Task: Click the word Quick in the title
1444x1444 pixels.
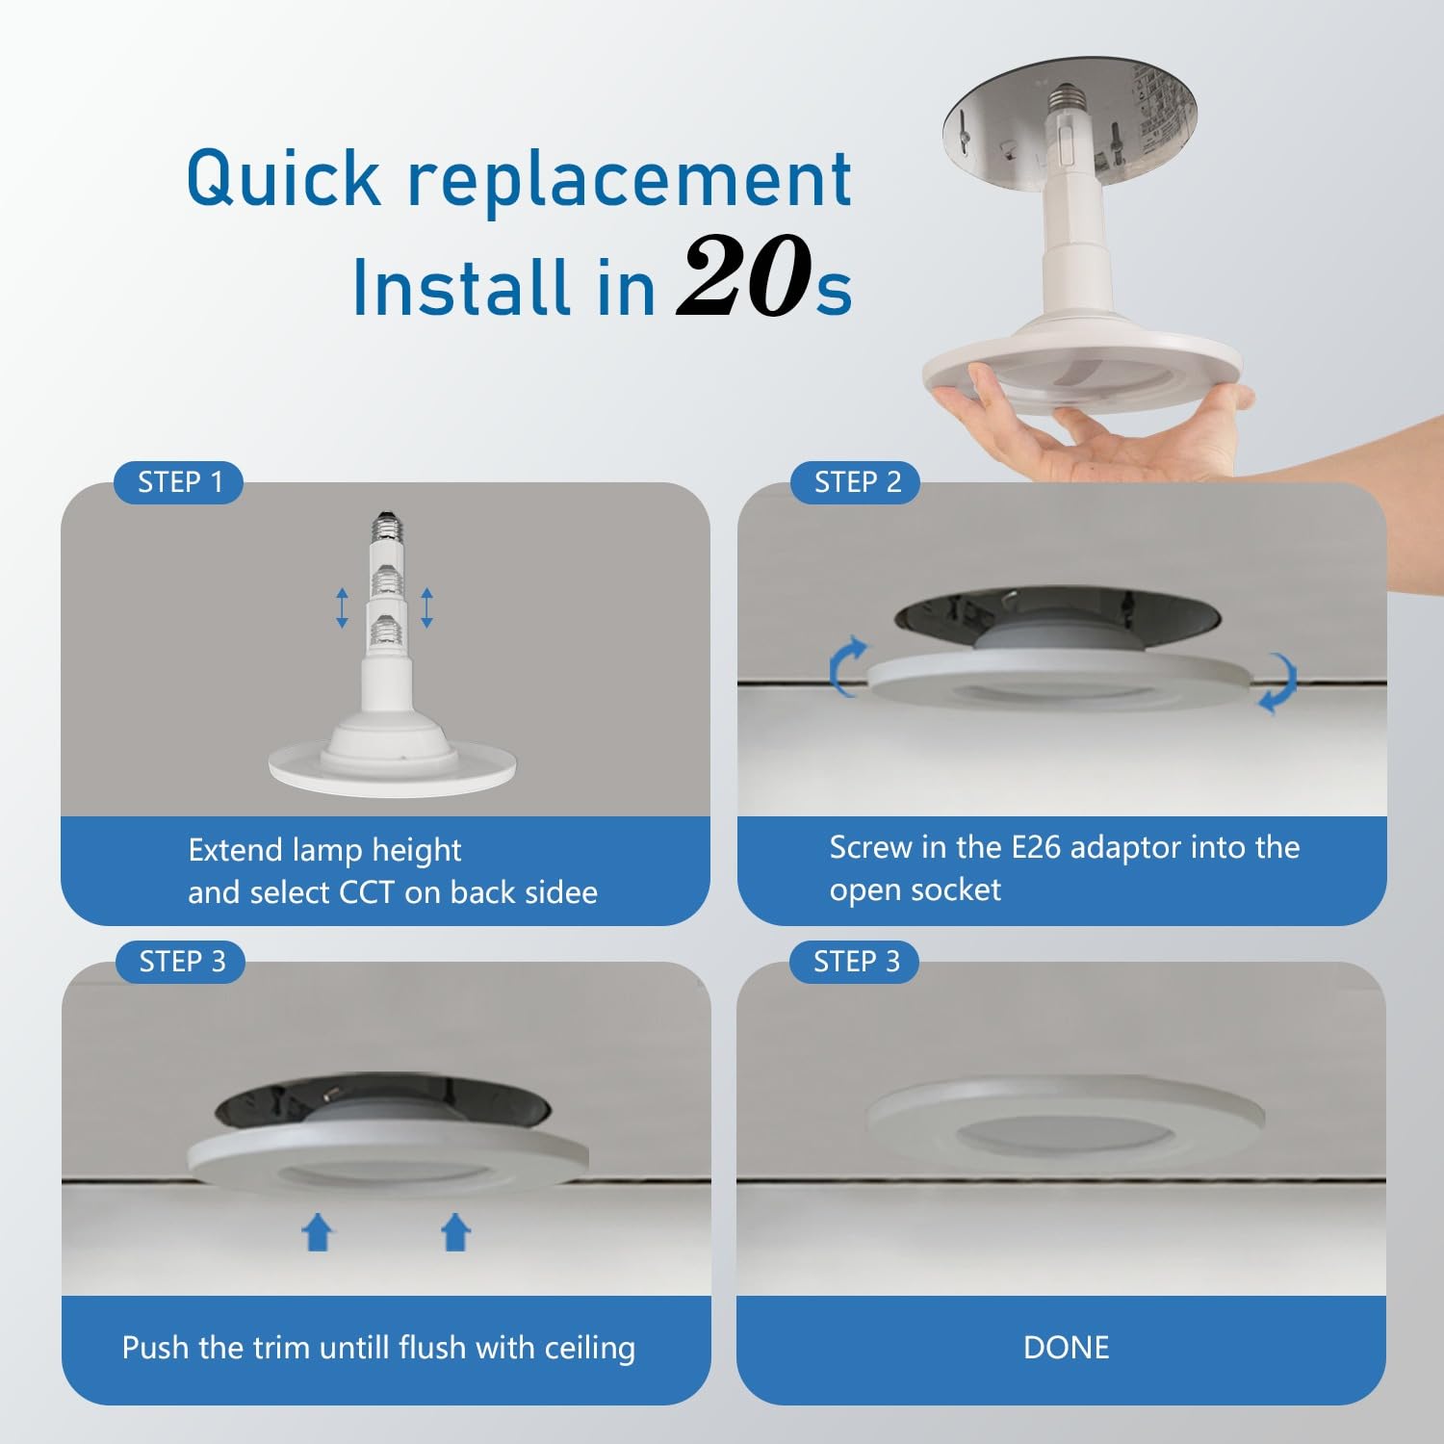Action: pos(284,178)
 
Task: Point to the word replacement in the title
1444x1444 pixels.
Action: pos(631,180)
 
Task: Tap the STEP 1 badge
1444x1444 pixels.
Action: pos(179,482)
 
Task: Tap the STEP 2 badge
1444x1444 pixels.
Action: pos(856,482)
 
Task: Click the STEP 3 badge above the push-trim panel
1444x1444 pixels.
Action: pos(181,962)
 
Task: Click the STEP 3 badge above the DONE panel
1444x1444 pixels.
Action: pos(856,962)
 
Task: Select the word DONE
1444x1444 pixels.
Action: pos(1066,1347)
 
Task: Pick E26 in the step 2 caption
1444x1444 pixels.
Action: pos(1036,847)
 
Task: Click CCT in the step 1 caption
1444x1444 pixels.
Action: pos(367,892)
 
